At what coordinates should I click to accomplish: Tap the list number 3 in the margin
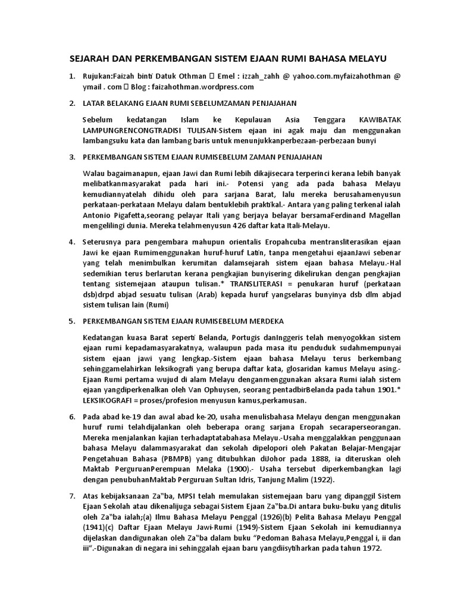point(72,157)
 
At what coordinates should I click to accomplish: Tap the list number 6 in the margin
point(72,416)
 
